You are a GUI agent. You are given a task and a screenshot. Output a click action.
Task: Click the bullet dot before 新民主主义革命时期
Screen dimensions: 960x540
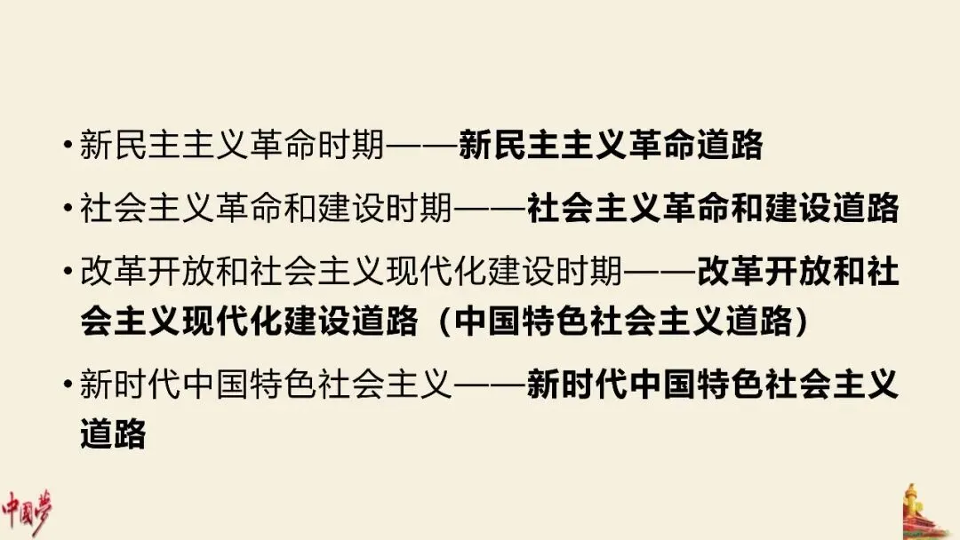tap(68, 144)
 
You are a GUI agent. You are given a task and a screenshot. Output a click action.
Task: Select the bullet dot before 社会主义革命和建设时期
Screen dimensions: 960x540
tap(68, 209)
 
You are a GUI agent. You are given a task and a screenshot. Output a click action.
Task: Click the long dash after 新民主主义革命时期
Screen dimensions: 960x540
tap(423, 144)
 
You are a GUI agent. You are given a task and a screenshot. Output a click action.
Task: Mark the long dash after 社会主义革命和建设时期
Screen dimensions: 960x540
tap(492, 209)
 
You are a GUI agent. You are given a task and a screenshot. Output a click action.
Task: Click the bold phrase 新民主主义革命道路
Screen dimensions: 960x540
tap(611, 144)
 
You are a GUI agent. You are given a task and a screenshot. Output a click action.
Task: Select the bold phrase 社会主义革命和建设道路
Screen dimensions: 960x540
tap(713, 209)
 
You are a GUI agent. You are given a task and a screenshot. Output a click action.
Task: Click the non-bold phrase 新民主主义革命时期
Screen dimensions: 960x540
tap(234, 144)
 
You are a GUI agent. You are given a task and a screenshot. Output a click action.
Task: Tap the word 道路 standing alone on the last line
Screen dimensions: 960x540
tap(113, 436)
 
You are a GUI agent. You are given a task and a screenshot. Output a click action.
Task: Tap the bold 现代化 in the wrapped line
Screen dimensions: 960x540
tap(232, 322)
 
